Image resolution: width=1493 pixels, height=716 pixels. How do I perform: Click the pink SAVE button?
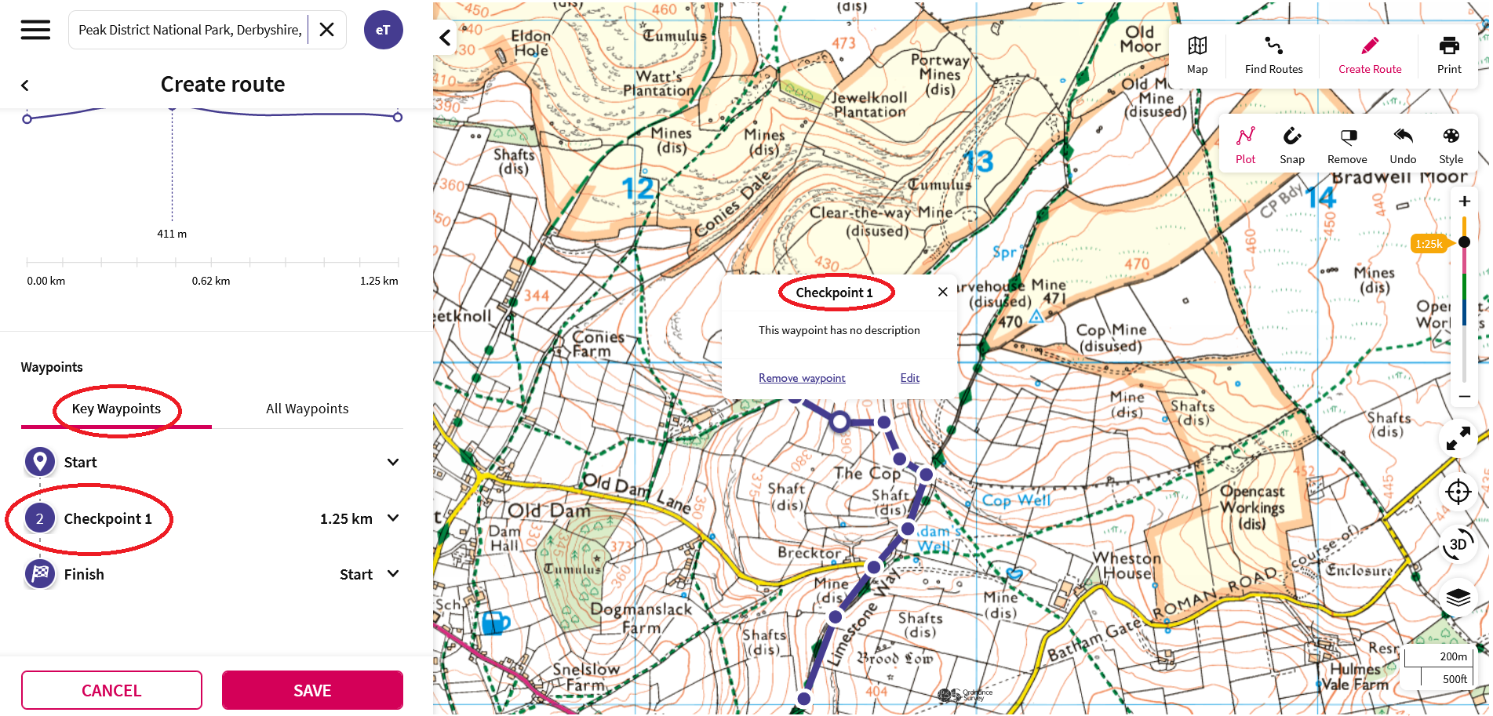click(x=312, y=690)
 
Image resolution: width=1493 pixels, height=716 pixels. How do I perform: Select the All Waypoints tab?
click(x=307, y=409)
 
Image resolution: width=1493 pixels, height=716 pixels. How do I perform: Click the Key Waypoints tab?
click(x=116, y=409)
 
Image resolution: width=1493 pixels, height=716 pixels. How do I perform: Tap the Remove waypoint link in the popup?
click(x=802, y=378)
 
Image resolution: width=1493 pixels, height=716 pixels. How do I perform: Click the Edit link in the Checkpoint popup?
click(x=909, y=378)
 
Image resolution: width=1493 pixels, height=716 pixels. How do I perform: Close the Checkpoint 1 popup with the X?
click(x=942, y=292)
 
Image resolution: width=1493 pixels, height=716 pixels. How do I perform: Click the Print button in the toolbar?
click(x=1448, y=55)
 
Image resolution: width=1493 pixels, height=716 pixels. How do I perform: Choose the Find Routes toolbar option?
click(x=1273, y=55)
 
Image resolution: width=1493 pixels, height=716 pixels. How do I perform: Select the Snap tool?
click(x=1291, y=146)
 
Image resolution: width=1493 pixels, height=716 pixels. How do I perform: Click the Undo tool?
click(x=1403, y=146)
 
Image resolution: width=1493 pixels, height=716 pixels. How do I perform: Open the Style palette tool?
click(x=1451, y=146)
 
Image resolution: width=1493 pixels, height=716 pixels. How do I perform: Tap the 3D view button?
click(x=1458, y=544)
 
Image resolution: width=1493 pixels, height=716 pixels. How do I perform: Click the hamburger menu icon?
click(x=35, y=30)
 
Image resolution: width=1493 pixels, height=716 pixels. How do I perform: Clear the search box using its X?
click(x=327, y=30)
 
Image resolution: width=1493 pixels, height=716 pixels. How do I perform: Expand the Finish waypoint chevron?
click(x=393, y=574)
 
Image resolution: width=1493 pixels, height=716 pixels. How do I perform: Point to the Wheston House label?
click(x=1127, y=565)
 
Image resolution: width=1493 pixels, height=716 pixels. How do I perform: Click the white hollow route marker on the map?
click(x=839, y=422)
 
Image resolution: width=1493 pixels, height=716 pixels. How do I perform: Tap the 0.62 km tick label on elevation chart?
click(x=211, y=281)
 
